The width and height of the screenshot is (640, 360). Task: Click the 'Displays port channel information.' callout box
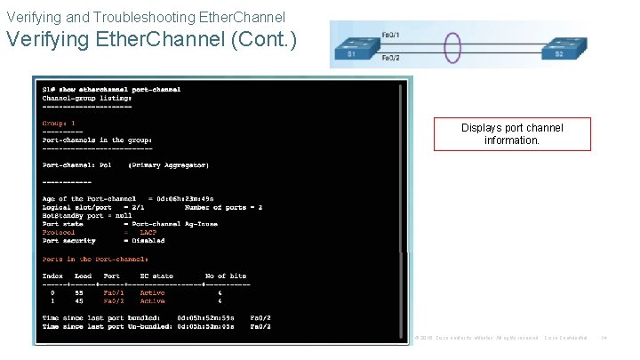(x=512, y=134)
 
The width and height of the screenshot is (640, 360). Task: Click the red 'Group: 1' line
(x=60, y=124)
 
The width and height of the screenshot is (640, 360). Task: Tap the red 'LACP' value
(x=148, y=232)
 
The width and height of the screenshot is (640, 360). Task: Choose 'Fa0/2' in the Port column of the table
(x=113, y=300)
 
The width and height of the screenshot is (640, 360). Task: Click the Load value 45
(x=78, y=300)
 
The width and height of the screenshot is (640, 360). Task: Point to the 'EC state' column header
(x=156, y=276)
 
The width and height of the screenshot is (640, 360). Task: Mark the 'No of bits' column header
(x=226, y=276)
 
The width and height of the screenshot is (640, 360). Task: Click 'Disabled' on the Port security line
(x=148, y=241)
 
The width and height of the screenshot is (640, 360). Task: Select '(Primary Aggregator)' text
(x=169, y=165)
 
